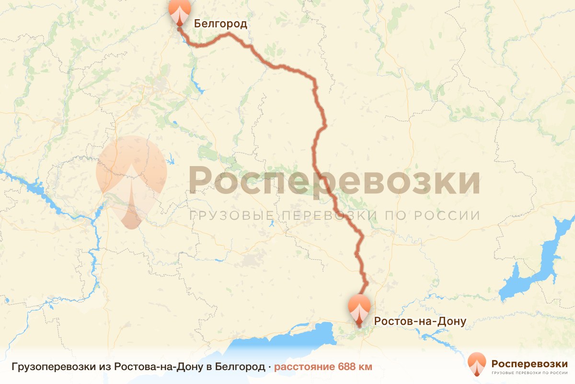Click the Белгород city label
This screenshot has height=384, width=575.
coord(220,24)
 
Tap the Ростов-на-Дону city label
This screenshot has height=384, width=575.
coord(420,321)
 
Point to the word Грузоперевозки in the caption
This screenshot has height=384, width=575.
coord(53,367)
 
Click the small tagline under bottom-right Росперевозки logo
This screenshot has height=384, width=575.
coord(529,372)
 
